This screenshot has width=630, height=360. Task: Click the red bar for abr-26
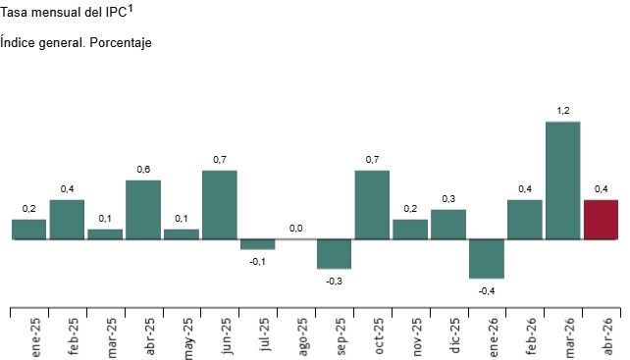click(x=601, y=219)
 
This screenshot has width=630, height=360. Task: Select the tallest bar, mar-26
click(x=562, y=180)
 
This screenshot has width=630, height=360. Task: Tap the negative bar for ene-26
click(x=486, y=258)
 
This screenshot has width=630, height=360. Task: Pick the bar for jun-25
click(x=220, y=204)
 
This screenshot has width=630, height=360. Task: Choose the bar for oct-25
click(x=372, y=204)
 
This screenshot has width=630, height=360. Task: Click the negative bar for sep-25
click(x=334, y=253)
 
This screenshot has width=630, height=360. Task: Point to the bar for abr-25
click(x=143, y=209)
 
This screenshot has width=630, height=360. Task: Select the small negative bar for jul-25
click(x=258, y=243)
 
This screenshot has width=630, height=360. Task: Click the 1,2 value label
click(x=562, y=111)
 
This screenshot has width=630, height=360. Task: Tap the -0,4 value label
click(x=486, y=290)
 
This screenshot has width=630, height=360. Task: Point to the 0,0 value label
click(x=295, y=229)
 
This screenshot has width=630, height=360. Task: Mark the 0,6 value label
click(x=143, y=170)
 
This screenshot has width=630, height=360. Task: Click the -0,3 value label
click(x=334, y=281)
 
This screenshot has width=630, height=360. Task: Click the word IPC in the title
click(x=112, y=13)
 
